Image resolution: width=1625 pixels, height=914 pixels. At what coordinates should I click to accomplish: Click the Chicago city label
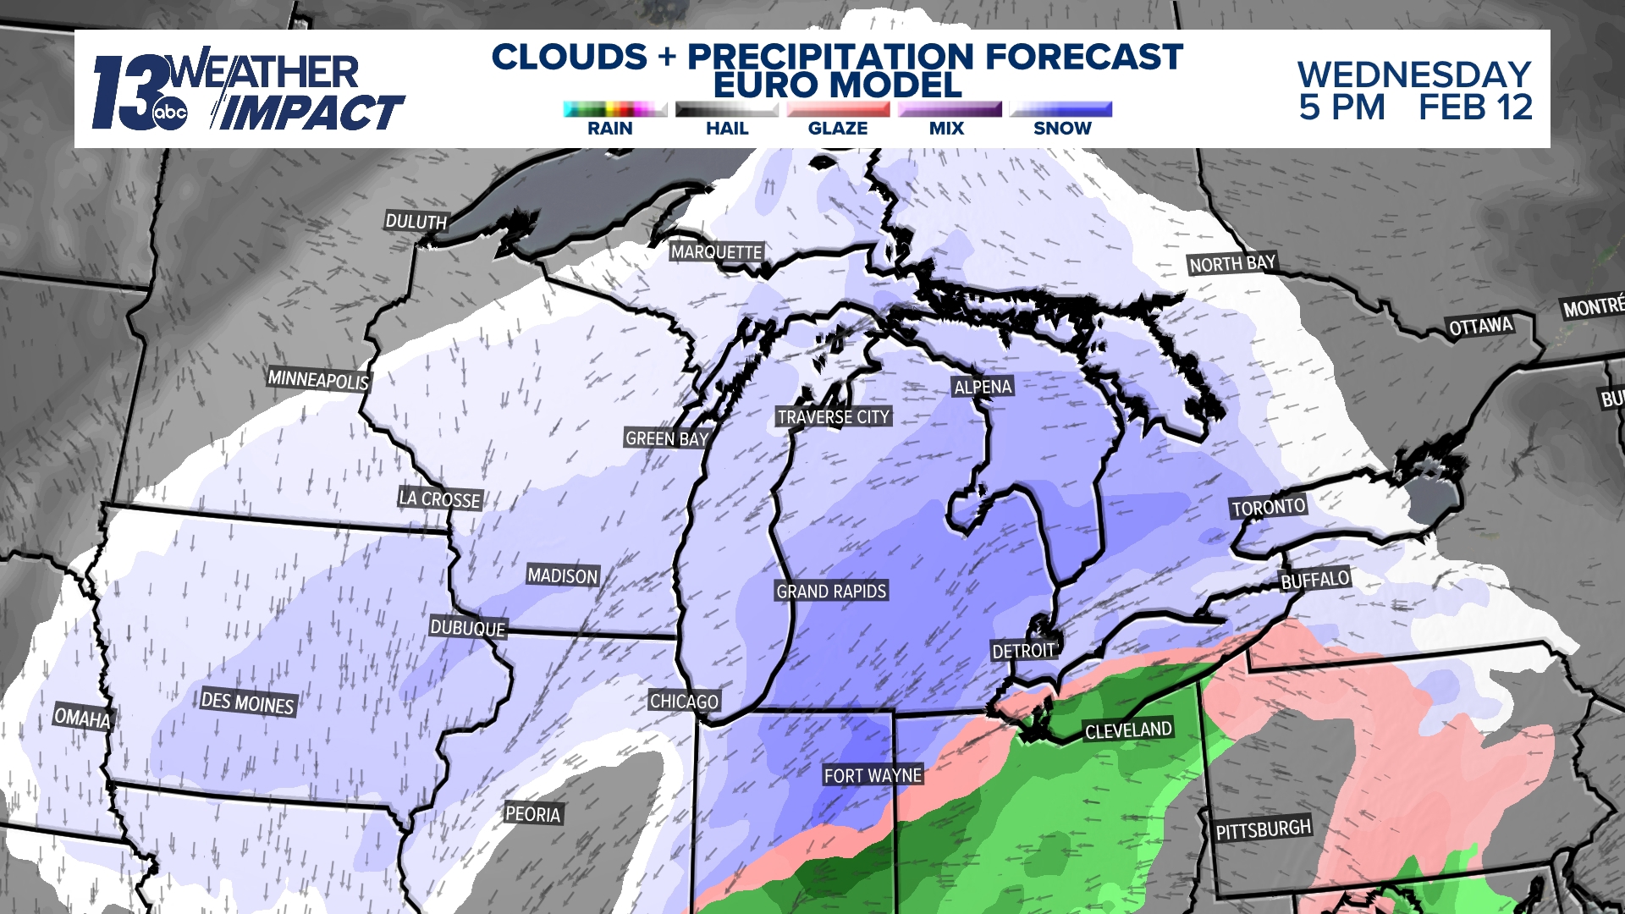(x=684, y=701)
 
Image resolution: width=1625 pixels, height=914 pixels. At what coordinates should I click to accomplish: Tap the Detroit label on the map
(x=1023, y=650)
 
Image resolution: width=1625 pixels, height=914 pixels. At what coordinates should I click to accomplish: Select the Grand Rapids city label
(x=831, y=591)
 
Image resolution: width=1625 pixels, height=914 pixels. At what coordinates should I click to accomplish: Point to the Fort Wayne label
(x=873, y=775)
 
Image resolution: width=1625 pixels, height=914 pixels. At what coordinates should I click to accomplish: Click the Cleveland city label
(x=1128, y=730)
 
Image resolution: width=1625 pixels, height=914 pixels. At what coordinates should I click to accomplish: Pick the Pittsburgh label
(x=1263, y=829)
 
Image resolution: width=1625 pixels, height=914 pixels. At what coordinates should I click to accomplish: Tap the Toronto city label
(x=1268, y=507)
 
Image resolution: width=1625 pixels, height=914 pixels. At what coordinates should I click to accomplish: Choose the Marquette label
(x=716, y=251)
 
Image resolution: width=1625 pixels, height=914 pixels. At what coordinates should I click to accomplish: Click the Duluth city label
(x=416, y=222)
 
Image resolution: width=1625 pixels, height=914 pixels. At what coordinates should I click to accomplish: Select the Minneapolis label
(x=318, y=379)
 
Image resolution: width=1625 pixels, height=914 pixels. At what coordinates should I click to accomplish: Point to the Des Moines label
(x=247, y=702)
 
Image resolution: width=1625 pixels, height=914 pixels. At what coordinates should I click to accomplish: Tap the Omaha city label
(x=82, y=718)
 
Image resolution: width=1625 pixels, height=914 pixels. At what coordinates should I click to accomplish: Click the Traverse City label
(x=833, y=416)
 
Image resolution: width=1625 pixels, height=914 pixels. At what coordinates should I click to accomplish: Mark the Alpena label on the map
(x=983, y=387)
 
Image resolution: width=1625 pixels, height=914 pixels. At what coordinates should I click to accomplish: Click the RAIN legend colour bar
(x=614, y=109)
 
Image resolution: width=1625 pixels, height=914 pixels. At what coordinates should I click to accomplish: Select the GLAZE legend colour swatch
(x=838, y=109)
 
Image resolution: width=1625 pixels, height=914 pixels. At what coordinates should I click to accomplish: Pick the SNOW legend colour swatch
(x=1061, y=109)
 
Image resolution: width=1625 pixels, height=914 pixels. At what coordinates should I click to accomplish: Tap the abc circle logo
(x=169, y=113)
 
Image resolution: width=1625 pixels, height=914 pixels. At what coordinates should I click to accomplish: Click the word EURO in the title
(x=765, y=85)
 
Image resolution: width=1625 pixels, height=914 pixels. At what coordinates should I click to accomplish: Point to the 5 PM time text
(x=1342, y=107)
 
